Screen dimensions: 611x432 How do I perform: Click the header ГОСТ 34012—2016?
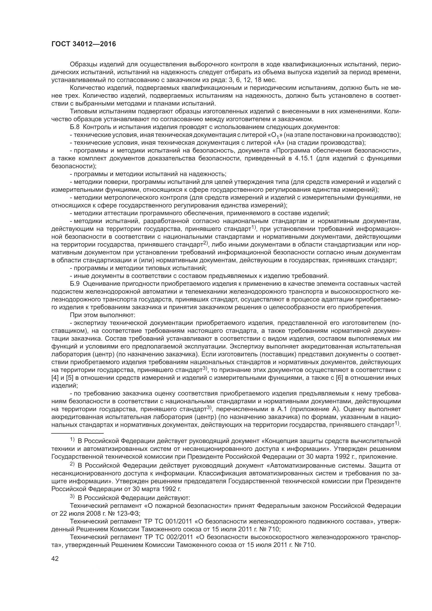(x=84, y=44)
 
